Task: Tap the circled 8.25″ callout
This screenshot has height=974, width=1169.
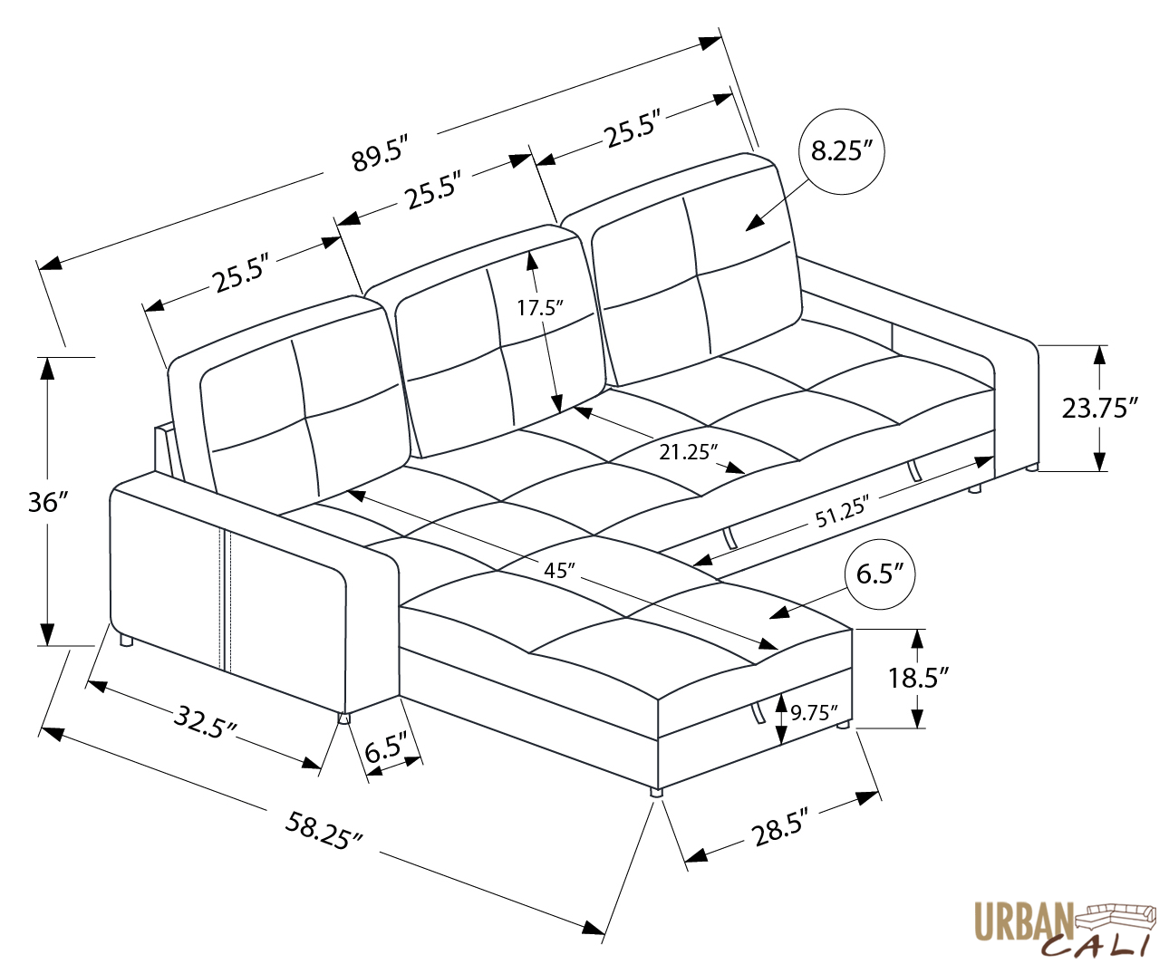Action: (842, 150)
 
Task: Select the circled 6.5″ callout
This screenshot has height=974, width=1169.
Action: (879, 574)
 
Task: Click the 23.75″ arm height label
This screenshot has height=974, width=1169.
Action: (1099, 408)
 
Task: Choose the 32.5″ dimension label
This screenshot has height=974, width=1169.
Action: (206, 722)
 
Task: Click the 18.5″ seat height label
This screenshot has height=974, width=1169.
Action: (918, 677)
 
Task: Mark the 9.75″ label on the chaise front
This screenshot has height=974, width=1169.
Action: (813, 712)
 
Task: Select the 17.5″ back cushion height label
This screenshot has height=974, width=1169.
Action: (540, 307)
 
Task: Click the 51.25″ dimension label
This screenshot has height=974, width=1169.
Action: (842, 513)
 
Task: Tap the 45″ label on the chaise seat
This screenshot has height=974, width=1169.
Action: (560, 570)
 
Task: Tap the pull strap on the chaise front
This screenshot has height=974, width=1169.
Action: (754, 713)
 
